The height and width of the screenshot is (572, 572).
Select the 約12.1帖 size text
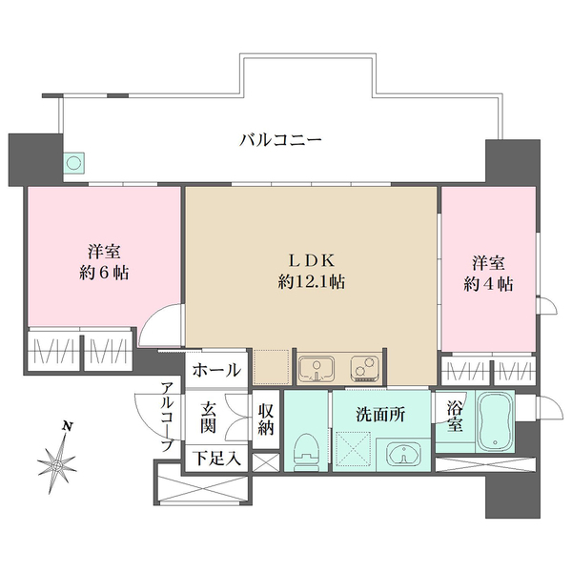[312, 282]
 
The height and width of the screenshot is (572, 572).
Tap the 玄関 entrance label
[210, 418]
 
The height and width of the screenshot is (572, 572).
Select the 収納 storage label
[266, 418]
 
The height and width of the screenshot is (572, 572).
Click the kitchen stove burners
[362, 366]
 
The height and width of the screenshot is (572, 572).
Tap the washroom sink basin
[404, 454]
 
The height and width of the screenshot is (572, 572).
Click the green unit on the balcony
[74, 163]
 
